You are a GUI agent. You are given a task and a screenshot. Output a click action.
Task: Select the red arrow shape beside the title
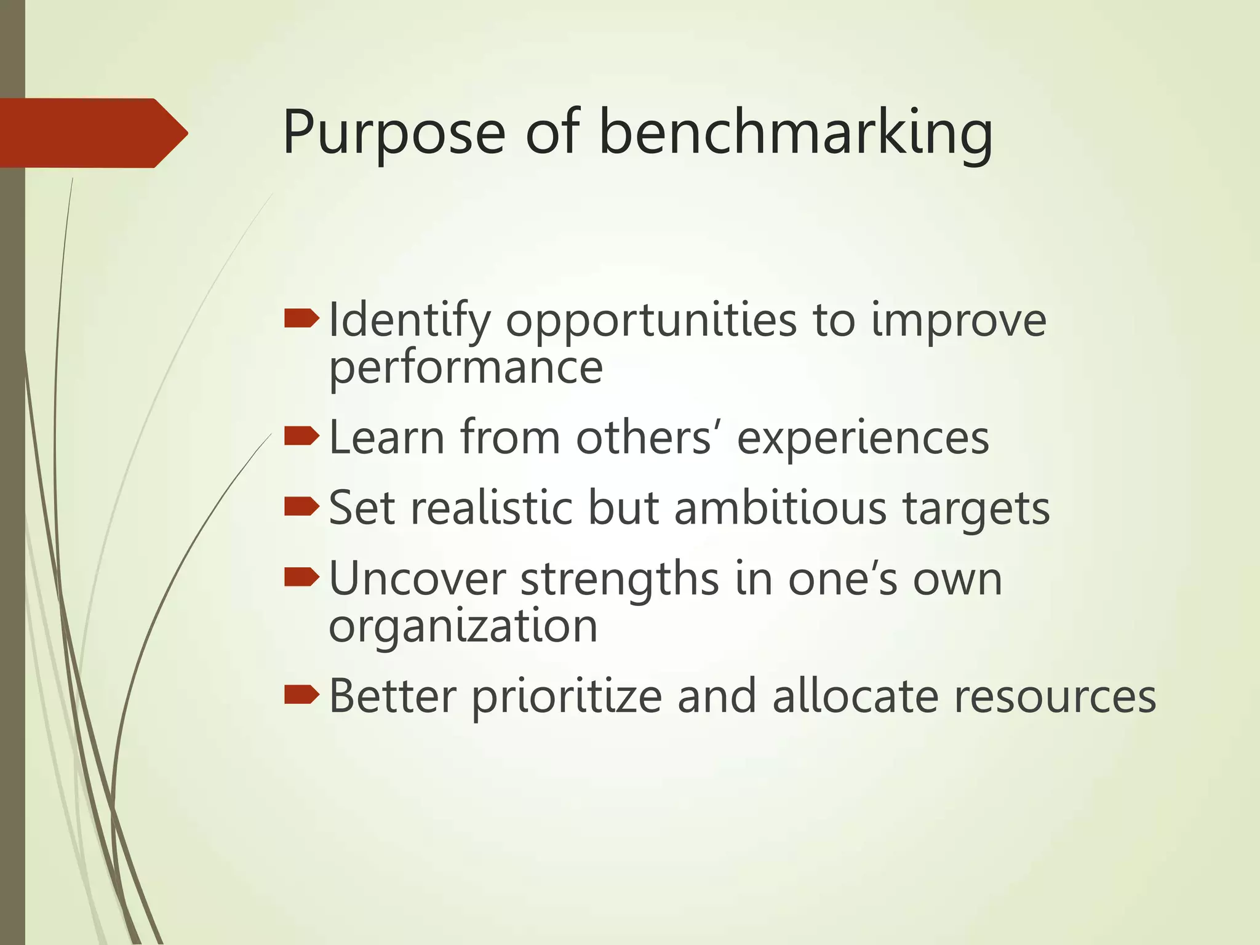(x=92, y=133)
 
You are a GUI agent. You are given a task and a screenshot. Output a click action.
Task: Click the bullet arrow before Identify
(x=301, y=319)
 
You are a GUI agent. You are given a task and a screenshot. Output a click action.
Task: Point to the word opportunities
(x=651, y=321)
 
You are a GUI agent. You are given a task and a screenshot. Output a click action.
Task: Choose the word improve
(x=959, y=321)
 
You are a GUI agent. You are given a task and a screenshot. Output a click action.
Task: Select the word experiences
(x=863, y=439)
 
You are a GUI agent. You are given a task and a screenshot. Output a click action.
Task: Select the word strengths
(x=620, y=580)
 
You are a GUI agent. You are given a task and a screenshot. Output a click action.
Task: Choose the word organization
(x=463, y=626)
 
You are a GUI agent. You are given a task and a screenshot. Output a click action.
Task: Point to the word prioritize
(x=566, y=696)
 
